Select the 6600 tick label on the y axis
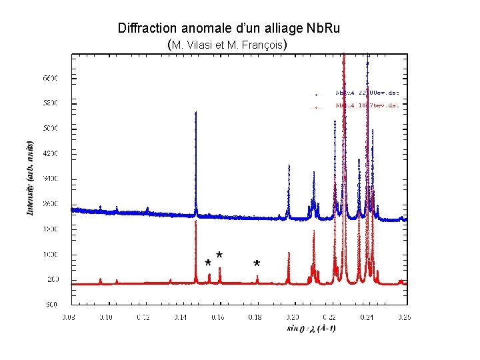coord(51,78)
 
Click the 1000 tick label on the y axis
coord(51,254)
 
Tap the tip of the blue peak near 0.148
coord(196,113)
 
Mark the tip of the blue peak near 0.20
coord(289,165)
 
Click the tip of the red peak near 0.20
coord(289,253)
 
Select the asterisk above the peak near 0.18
coord(257,264)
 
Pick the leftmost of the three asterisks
coord(208,263)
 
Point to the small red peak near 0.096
coord(100,279)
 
